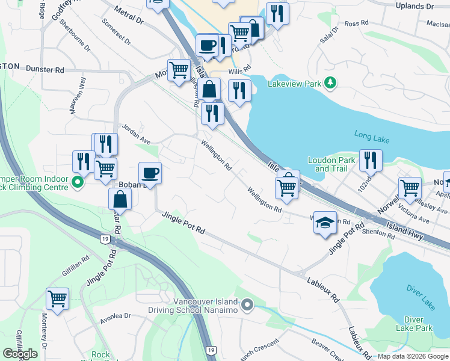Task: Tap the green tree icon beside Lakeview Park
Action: pyautogui.click(x=330, y=82)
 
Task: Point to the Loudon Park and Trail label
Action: pyautogui.click(x=331, y=164)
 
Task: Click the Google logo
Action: pyautogui.click(x=20, y=354)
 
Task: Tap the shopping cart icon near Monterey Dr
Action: pyautogui.click(x=57, y=298)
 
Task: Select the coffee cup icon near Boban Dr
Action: pyautogui.click(x=150, y=173)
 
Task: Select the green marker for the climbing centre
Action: pyautogui.click(x=77, y=181)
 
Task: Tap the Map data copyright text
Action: pyautogui.click(x=413, y=356)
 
